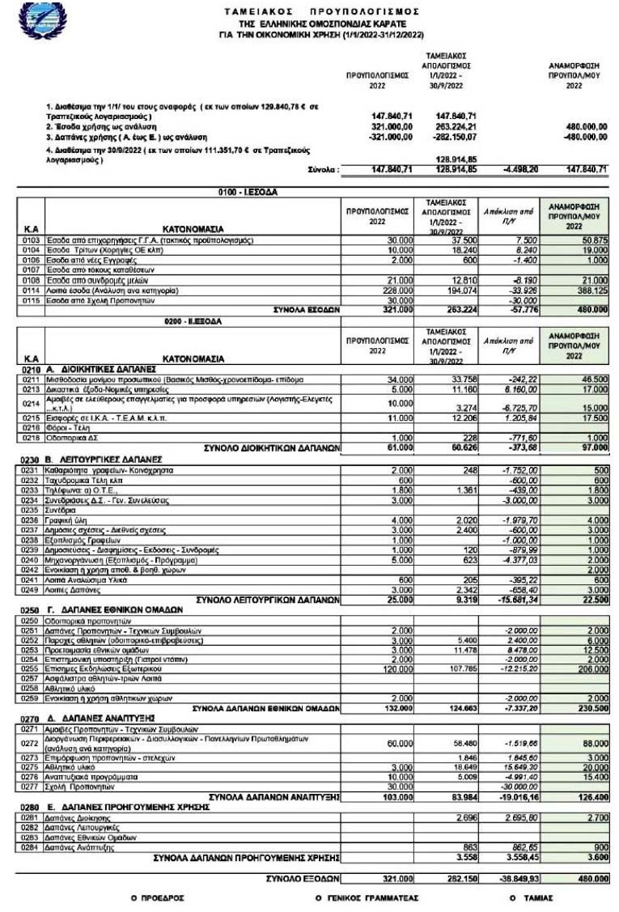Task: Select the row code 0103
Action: click(x=32, y=240)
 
